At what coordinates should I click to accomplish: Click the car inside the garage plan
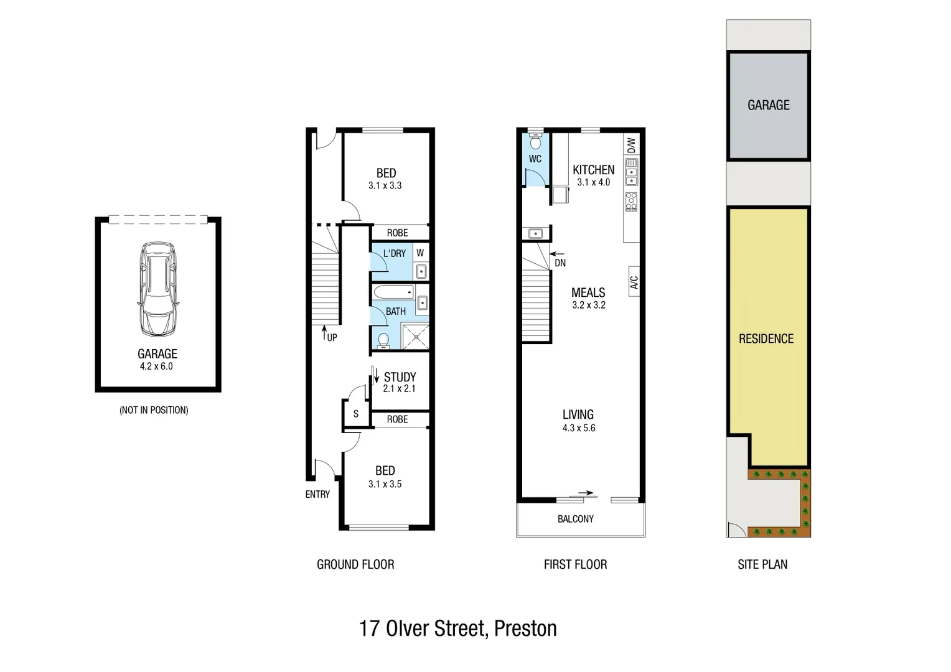[x=157, y=290]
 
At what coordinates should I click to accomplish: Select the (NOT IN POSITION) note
[x=154, y=410]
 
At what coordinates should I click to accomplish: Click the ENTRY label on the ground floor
[x=317, y=494]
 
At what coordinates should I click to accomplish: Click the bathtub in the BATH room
[x=393, y=291]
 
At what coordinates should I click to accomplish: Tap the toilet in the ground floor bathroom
[x=383, y=340]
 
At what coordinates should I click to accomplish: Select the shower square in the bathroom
[x=415, y=337]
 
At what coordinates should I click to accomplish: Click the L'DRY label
[x=394, y=253]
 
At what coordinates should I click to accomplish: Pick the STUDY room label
[x=400, y=377]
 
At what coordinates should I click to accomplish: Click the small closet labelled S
[x=355, y=414]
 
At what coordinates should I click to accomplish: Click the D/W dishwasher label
[x=631, y=145]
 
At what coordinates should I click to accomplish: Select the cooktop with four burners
[x=631, y=201]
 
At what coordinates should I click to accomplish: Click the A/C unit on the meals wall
[x=634, y=282]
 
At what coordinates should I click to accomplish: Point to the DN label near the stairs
[x=560, y=263]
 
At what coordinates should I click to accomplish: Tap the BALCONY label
[x=575, y=519]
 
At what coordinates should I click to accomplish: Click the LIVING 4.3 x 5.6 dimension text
[x=579, y=428]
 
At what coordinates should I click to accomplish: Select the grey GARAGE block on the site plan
[x=768, y=106]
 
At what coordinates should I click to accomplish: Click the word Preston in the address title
[x=525, y=628]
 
